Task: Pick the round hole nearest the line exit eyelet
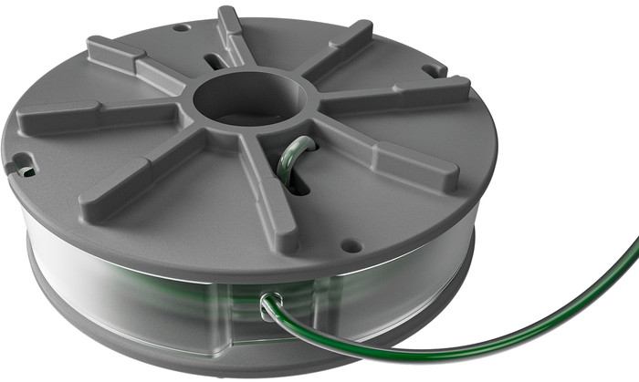click(x=347, y=244)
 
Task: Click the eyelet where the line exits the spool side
click(x=267, y=305)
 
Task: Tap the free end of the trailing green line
click(x=635, y=242)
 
